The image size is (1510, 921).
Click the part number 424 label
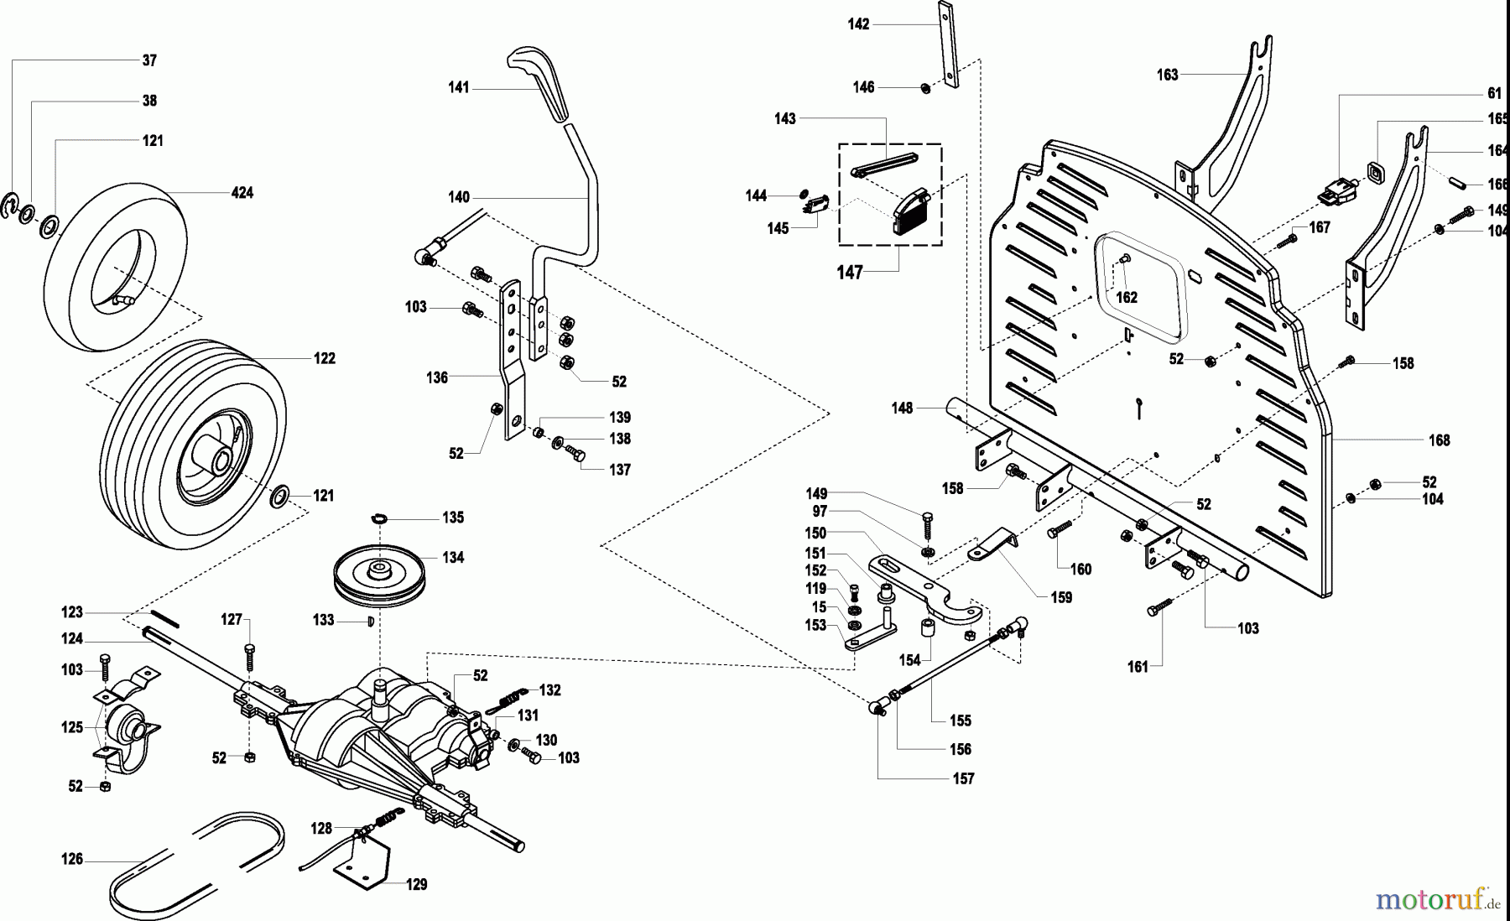[242, 193]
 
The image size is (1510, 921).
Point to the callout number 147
[850, 273]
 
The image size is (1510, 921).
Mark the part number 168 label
[1439, 440]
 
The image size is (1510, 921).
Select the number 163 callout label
[1167, 75]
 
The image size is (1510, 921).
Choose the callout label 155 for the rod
[961, 721]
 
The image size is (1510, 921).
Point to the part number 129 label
[416, 884]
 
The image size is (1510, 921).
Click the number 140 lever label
[459, 198]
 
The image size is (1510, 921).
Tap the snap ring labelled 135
[380, 519]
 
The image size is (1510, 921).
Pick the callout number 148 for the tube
[902, 408]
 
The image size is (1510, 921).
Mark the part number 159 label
[1061, 597]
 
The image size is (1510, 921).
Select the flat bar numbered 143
[885, 162]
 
